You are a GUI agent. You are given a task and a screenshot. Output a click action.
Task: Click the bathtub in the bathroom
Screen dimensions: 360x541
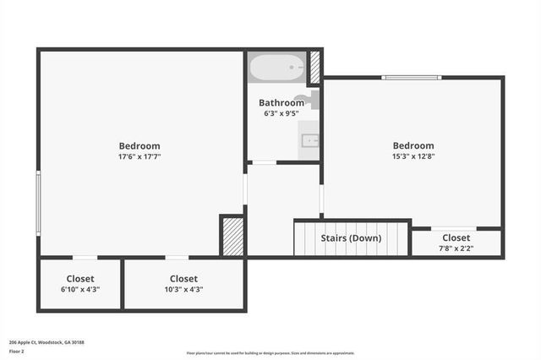[276, 67]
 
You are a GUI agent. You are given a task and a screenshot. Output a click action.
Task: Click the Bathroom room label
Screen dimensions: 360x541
[281, 103]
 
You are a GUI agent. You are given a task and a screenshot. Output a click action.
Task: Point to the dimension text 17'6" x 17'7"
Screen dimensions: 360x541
[139, 156]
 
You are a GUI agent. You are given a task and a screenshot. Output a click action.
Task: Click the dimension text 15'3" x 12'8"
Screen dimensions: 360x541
[413, 156]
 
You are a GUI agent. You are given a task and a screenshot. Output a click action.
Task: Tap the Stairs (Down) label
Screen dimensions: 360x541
[351, 238]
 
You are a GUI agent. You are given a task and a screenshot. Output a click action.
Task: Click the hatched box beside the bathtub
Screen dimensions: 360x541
[315, 68]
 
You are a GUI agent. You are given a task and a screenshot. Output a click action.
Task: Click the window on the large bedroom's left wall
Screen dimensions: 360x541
[38, 203]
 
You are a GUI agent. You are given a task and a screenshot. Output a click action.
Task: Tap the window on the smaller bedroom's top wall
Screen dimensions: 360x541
[411, 78]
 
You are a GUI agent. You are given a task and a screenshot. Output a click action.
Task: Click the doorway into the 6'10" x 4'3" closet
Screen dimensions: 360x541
[85, 257]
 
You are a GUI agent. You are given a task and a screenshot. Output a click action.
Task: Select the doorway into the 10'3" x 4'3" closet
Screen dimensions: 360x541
[176, 257]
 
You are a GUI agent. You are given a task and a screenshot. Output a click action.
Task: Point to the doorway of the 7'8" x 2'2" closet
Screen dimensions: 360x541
[453, 228]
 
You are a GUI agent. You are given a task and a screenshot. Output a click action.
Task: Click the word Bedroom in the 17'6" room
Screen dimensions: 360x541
[139, 146]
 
